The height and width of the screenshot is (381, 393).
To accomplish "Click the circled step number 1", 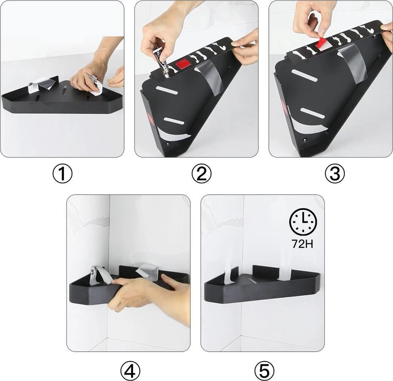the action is (62, 173).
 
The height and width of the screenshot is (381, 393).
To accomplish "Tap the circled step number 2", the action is (201, 173).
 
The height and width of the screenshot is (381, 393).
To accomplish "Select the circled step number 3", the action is (335, 173).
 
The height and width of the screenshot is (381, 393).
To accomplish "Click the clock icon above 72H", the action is (303, 222).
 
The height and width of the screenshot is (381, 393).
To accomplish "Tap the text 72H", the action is (303, 244).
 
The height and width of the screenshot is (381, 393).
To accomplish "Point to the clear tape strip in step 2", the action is (209, 78).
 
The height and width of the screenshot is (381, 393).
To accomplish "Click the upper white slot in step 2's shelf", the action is (167, 90).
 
